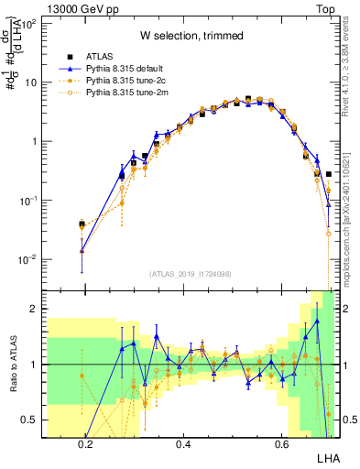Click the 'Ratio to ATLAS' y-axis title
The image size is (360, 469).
click(x=12, y=364)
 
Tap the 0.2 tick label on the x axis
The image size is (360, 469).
click(x=86, y=443)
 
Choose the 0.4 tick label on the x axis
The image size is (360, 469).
click(x=182, y=443)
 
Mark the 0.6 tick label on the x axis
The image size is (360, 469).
click(x=279, y=443)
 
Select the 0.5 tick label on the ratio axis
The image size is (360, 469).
click(x=30, y=420)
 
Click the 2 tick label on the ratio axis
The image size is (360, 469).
click(x=35, y=309)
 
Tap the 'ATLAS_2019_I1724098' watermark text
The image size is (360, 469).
click(x=191, y=274)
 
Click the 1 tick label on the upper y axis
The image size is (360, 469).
click(x=35, y=141)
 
